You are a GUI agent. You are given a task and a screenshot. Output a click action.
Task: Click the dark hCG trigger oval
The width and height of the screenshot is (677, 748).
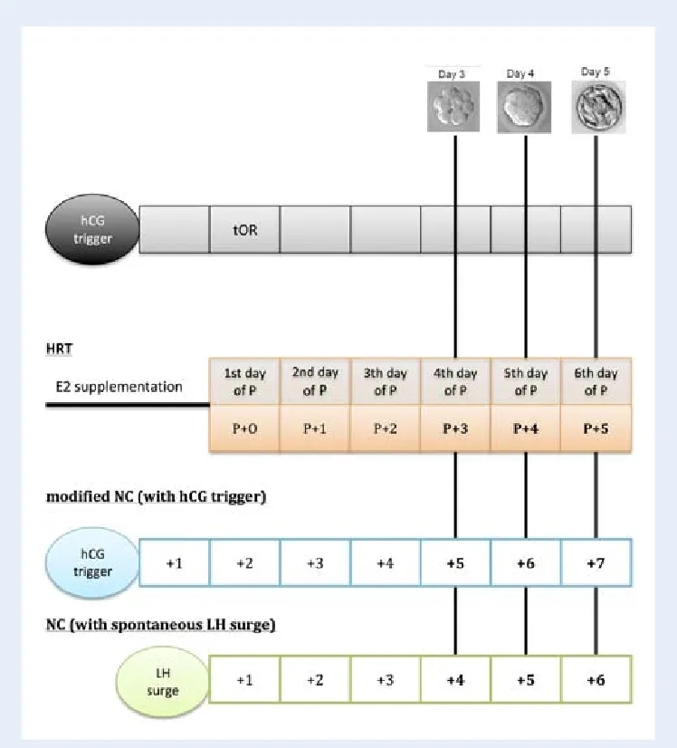pos(92,229)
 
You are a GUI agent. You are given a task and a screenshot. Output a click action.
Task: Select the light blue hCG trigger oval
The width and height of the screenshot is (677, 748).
pos(92,562)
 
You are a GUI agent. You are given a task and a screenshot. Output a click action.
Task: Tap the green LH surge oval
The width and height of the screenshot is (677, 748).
pos(163,682)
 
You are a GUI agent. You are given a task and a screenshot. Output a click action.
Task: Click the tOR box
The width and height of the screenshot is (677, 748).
pos(245,229)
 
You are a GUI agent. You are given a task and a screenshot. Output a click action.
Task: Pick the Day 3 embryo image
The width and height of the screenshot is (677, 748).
pos(453,106)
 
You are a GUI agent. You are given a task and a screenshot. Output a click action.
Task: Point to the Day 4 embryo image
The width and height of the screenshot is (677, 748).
pos(524,107)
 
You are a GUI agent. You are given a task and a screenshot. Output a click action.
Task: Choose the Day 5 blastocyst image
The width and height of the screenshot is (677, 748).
pos(598,107)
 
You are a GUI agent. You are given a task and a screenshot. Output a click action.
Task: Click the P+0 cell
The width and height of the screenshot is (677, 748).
pos(244,428)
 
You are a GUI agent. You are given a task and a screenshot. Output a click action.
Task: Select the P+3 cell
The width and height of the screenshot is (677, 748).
pos(455,428)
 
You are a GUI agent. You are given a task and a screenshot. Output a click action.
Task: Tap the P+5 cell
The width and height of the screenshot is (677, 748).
pos(596,428)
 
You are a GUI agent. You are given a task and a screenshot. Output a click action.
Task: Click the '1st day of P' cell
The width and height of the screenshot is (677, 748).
pos(244,381)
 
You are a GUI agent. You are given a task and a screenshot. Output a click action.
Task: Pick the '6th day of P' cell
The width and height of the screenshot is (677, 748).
pos(596,381)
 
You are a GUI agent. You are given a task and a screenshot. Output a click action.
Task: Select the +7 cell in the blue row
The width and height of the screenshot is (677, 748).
pos(596,563)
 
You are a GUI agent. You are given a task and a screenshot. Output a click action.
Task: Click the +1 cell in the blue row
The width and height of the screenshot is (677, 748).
pos(175,563)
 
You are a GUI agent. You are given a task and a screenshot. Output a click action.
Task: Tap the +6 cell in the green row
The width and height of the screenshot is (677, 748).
pos(596,679)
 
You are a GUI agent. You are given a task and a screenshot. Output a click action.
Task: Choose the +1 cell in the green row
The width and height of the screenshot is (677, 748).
pos(244,679)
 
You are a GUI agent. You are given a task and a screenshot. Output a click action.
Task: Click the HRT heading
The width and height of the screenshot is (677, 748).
pos(59,349)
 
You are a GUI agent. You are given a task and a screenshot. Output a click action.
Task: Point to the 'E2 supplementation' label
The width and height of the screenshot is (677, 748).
pos(119,387)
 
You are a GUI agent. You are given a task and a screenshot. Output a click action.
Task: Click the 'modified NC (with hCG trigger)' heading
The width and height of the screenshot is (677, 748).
pos(156,496)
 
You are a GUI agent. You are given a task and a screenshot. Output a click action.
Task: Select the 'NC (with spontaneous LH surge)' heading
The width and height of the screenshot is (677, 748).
pos(161,625)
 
